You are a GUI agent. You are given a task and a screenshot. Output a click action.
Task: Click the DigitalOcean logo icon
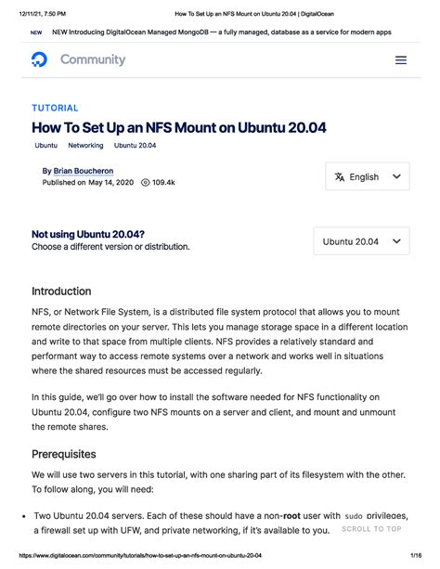pyautogui.click(x=39, y=59)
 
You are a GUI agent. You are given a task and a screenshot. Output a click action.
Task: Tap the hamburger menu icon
pyautogui.click(x=401, y=59)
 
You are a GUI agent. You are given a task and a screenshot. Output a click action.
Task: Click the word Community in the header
pyautogui.click(x=93, y=59)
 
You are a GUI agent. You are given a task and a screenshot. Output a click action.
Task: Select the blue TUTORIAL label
pyautogui.click(x=55, y=108)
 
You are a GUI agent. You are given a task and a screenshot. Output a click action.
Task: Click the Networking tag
pyautogui.click(x=85, y=146)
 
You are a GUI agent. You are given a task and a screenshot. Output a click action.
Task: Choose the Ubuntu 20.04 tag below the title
pyautogui.click(x=136, y=146)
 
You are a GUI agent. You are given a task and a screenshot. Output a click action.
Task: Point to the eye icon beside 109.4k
pyautogui.click(x=145, y=183)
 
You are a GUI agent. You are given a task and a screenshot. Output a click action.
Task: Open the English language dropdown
pyautogui.click(x=368, y=176)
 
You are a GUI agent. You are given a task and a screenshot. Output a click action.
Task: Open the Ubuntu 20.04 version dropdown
pyautogui.click(x=361, y=241)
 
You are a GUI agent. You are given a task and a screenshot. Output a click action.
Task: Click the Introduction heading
pyautogui.click(x=61, y=291)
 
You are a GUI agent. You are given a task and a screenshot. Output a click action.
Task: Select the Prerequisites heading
pyautogui.click(x=64, y=454)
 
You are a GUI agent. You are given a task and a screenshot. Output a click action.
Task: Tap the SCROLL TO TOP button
pyautogui.click(x=371, y=529)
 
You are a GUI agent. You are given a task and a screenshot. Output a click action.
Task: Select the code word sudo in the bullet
pyautogui.click(x=354, y=515)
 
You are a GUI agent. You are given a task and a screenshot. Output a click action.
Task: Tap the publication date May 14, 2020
pyautogui.click(x=111, y=183)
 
